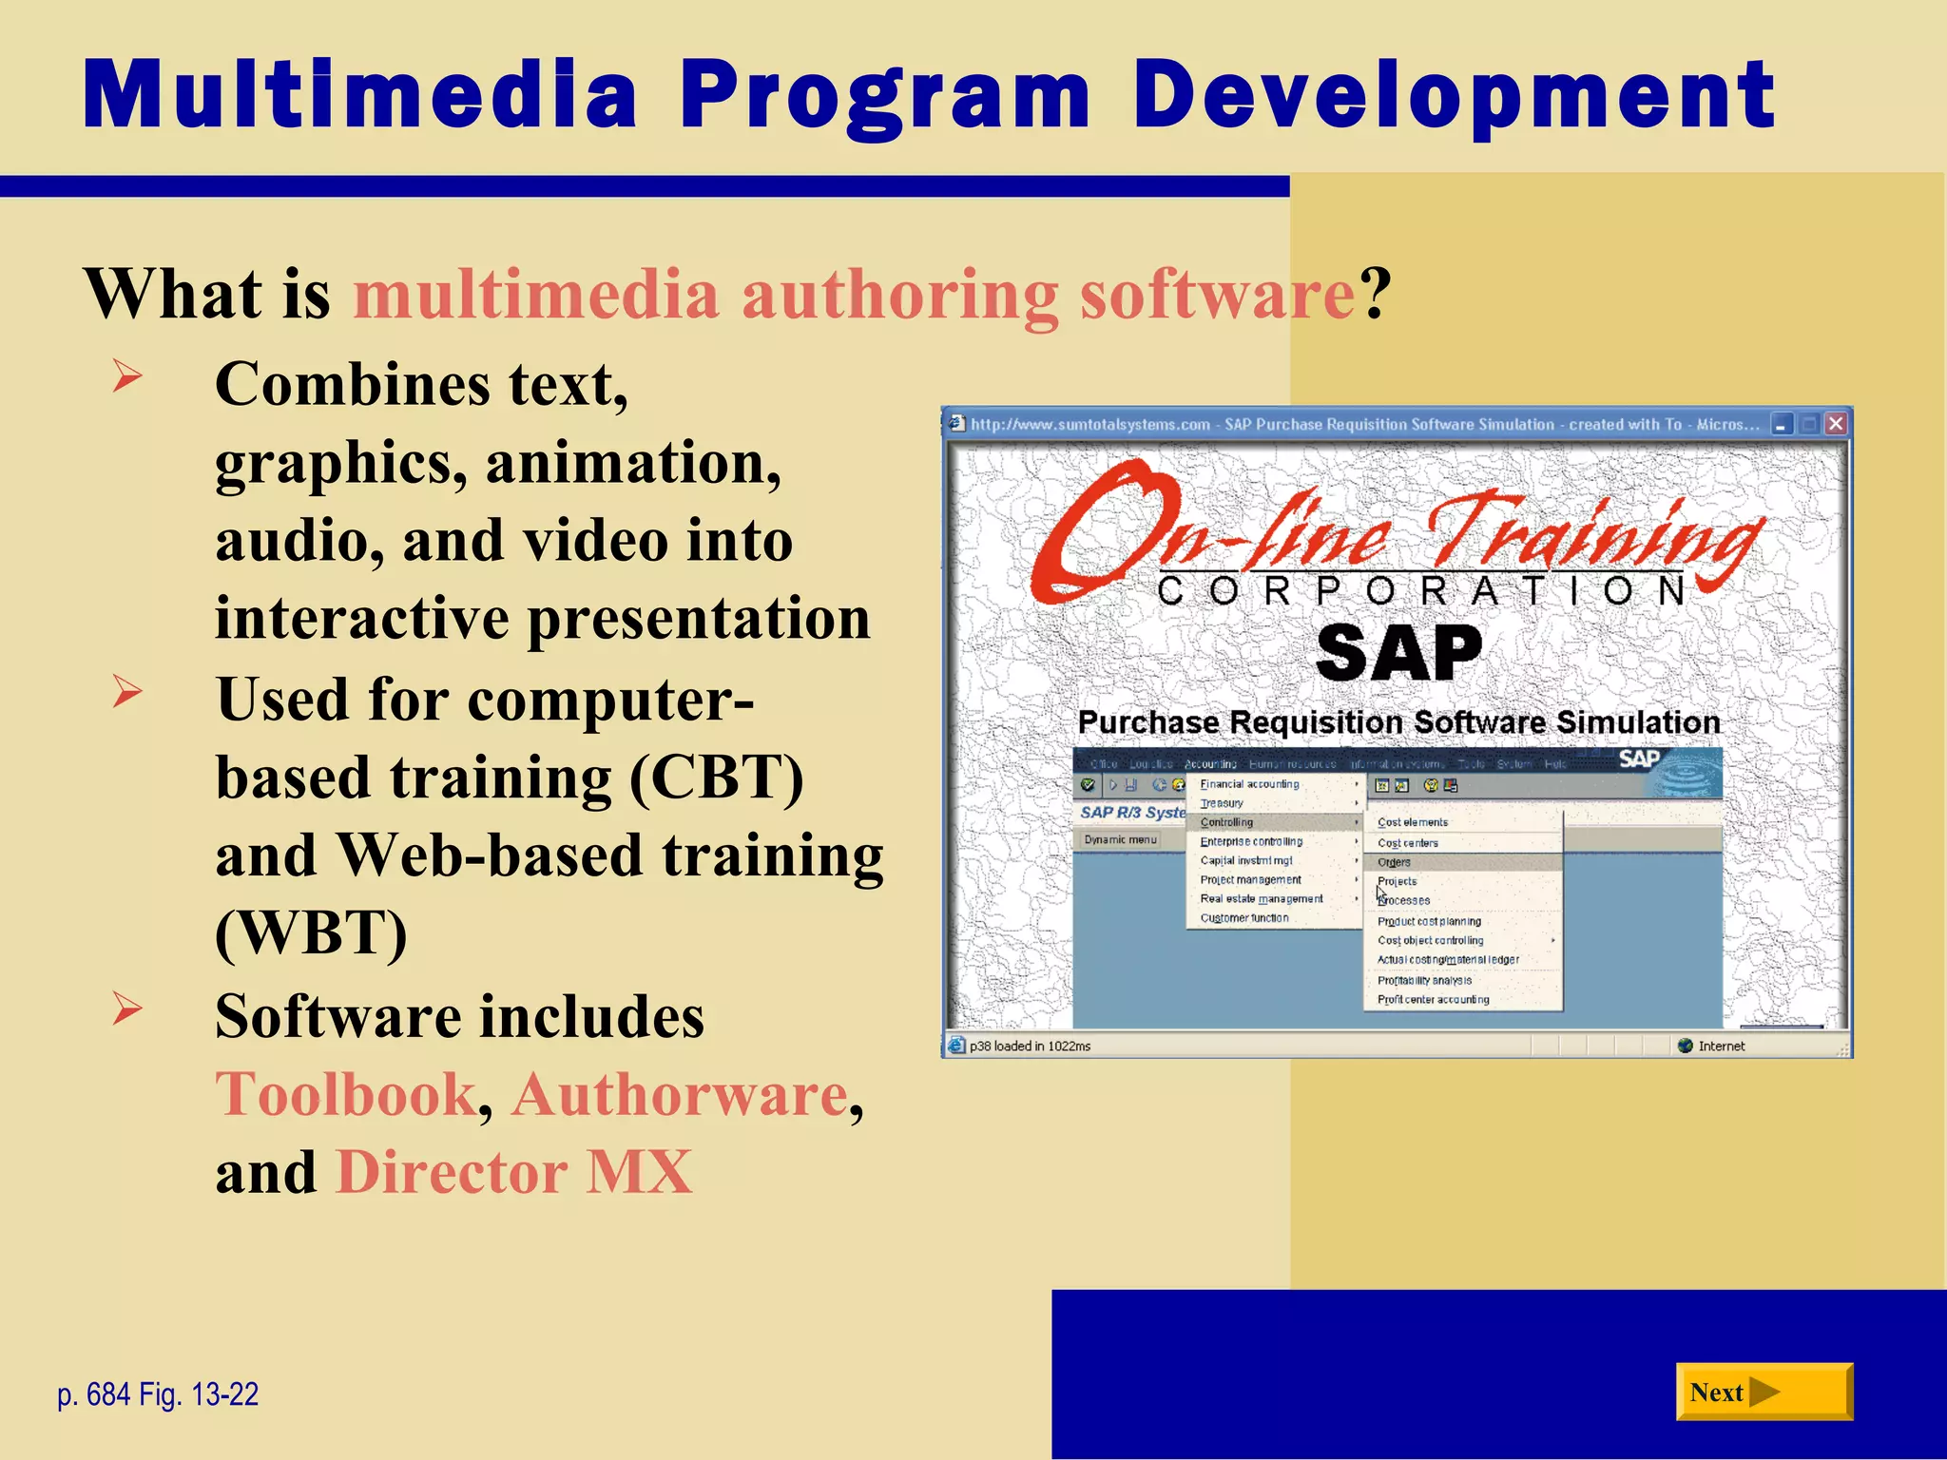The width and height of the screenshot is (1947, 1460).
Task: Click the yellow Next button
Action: (1763, 1392)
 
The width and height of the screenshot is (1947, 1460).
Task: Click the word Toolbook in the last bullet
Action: (345, 1094)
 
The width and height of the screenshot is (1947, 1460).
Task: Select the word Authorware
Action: (679, 1094)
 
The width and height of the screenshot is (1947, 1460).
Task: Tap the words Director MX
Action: (513, 1172)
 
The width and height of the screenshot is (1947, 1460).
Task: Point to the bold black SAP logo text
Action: (1398, 653)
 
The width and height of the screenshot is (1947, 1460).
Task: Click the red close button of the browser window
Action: (1836, 424)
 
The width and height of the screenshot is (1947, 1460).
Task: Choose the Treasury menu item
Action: (1222, 803)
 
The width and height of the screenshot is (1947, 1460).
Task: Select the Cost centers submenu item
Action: (1408, 843)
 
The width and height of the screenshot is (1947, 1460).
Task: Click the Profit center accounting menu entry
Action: (1433, 1000)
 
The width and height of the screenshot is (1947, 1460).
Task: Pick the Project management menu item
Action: (1250, 880)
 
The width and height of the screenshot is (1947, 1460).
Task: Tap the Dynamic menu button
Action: (1120, 839)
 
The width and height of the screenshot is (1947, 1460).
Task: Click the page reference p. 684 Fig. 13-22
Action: (158, 1394)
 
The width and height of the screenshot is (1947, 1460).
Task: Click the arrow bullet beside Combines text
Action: (126, 376)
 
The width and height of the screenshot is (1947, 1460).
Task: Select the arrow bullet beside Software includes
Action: (126, 1009)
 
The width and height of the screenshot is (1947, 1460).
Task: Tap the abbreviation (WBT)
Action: (311, 932)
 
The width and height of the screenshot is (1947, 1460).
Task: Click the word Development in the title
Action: (1453, 95)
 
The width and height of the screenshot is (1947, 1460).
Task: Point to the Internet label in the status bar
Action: (1721, 1047)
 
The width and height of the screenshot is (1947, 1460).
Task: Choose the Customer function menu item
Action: (1244, 918)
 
